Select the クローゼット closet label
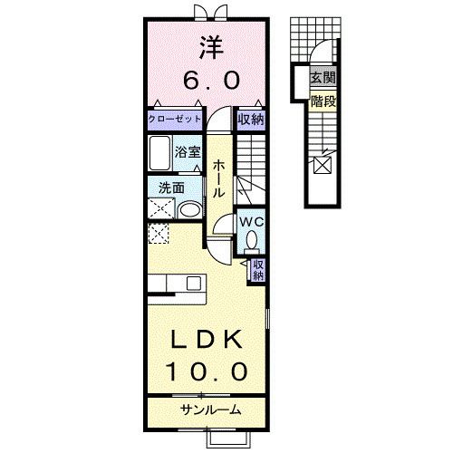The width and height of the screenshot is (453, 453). tap(174, 119)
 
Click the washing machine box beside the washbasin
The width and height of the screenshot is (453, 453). tap(161, 209)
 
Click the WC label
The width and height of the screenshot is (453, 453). tap(251, 220)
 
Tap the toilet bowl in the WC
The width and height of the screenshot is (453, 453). tap(251, 240)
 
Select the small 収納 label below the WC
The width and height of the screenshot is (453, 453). tap(258, 269)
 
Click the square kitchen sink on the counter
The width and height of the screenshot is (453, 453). tap(193, 284)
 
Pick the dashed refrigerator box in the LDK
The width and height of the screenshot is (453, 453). tap(159, 236)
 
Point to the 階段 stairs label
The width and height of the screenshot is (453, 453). tap(322, 101)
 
